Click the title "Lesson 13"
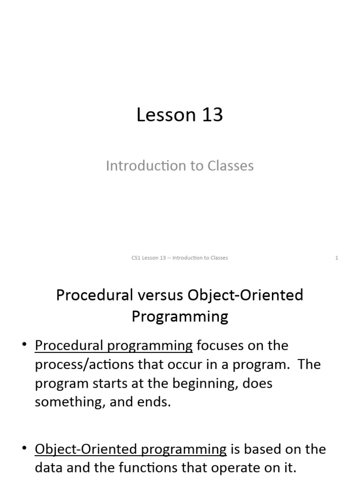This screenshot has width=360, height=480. click(180, 115)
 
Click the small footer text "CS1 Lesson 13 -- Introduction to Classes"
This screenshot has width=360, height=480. click(180, 258)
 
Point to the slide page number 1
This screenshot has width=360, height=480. click(337, 258)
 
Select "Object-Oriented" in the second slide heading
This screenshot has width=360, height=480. click(246, 295)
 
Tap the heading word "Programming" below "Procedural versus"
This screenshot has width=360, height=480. click(180, 316)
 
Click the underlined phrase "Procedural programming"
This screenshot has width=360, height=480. click(113, 346)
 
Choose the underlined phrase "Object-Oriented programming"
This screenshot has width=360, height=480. click(130, 450)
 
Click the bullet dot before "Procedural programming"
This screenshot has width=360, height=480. click(25, 345)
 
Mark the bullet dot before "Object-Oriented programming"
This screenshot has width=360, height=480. click(25, 449)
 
